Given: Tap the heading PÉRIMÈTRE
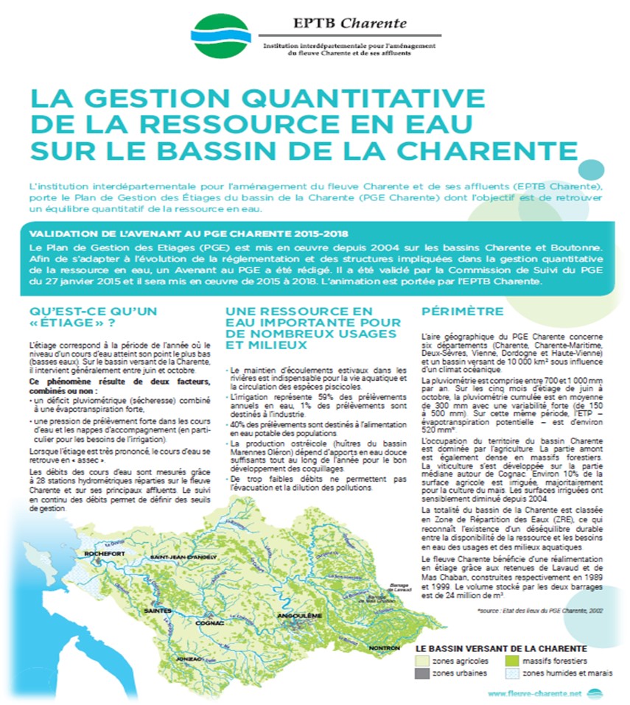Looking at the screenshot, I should point(463,311).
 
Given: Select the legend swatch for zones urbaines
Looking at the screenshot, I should point(421,673).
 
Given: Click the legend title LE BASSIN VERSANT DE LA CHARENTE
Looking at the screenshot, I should point(501,648).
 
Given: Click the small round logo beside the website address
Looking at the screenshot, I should point(595,693).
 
